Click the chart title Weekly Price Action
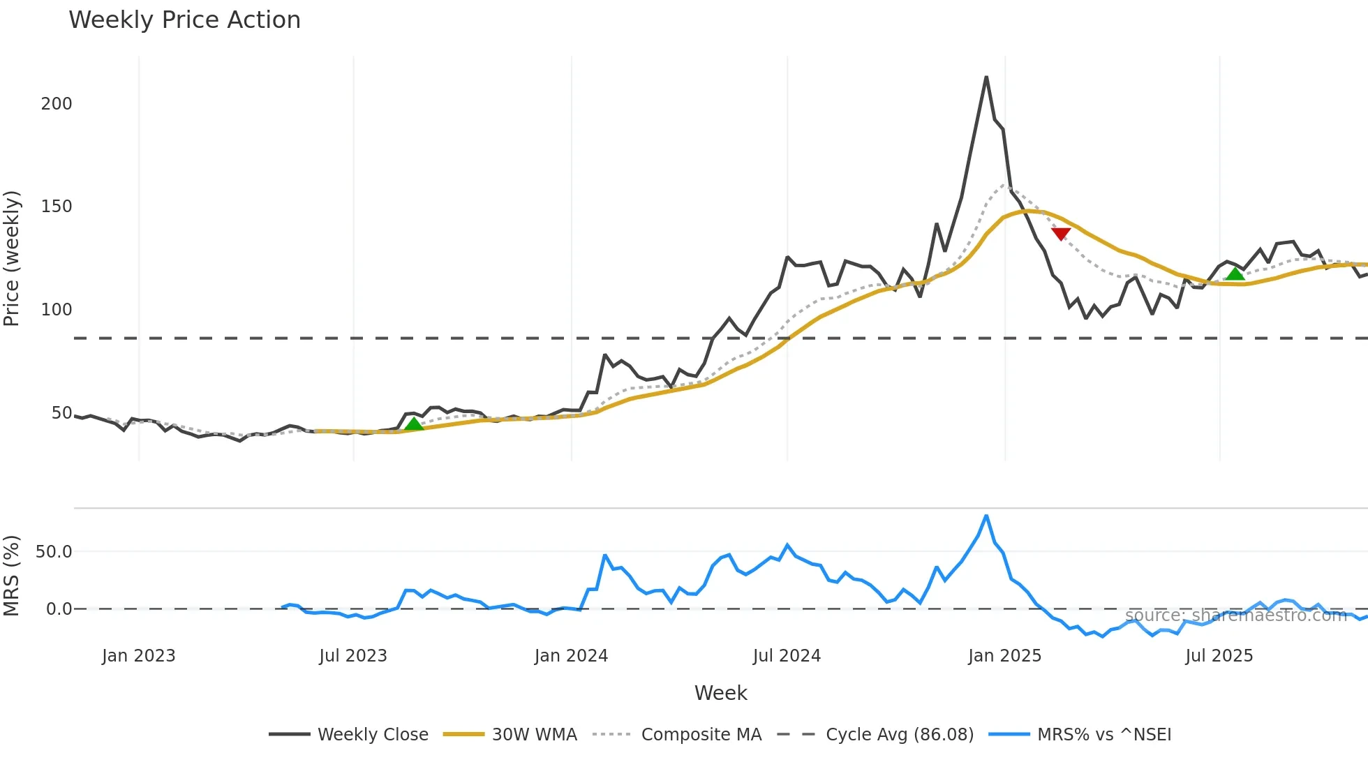[184, 20]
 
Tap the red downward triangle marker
[1061, 234]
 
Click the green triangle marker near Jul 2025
[1235, 273]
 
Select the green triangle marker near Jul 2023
[414, 424]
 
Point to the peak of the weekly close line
[986, 77]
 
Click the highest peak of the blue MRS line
[986, 516]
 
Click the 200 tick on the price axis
[57, 104]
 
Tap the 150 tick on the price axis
[57, 207]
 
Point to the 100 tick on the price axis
[57, 310]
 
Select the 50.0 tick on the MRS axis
[54, 552]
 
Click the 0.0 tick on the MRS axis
[59, 609]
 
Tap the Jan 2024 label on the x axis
[571, 656]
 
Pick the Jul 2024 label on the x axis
[787, 656]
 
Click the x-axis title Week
[720, 693]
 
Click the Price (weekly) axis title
[12, 258]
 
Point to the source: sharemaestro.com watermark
[1235, 615]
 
